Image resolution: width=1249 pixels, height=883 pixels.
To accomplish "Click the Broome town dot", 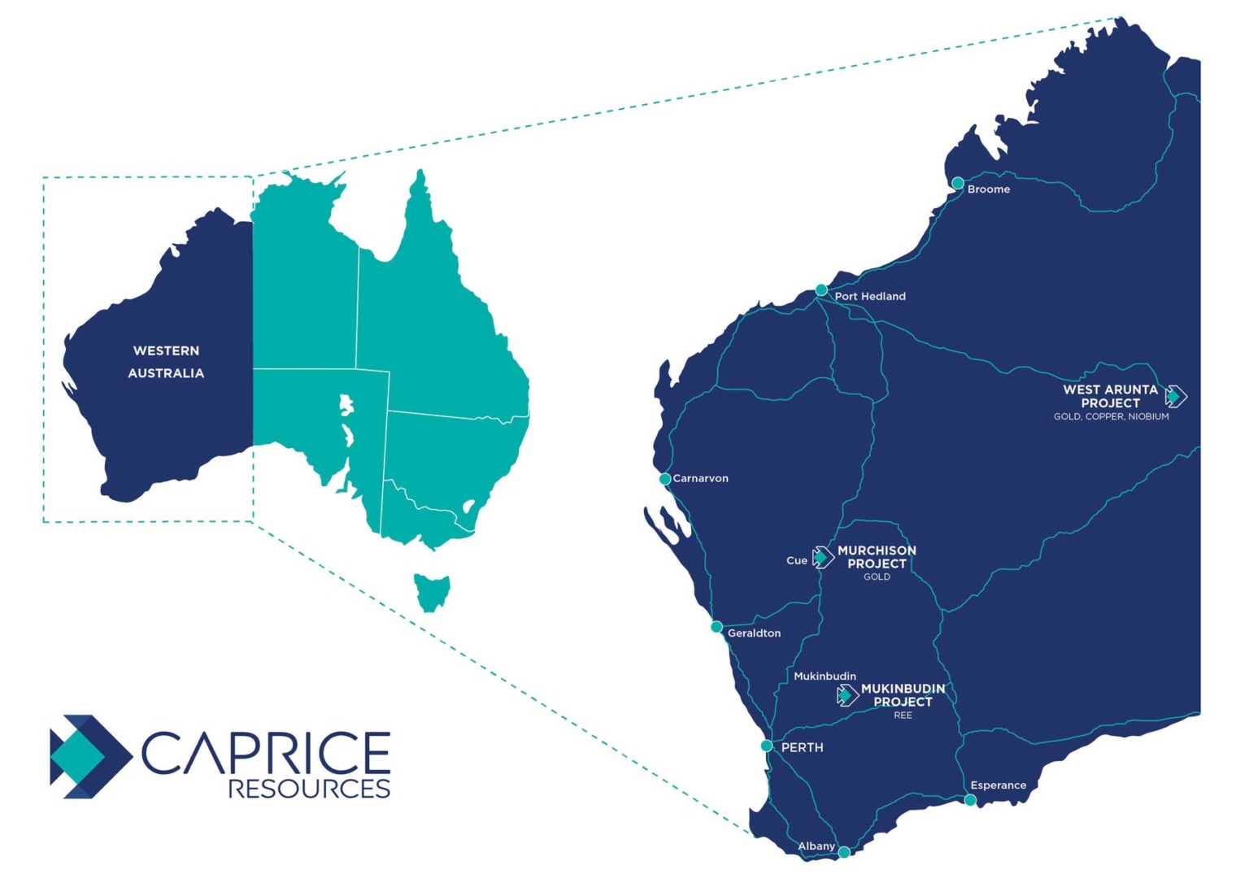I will tap(958, 183).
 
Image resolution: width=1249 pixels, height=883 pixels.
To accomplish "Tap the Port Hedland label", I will tap(869, 296).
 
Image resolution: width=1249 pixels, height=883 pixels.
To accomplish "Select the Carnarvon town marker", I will tap(665, 479).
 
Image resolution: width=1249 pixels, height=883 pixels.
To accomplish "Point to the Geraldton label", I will tap(754, 633).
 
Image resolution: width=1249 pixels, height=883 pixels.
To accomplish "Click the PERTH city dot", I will tap(767, 746).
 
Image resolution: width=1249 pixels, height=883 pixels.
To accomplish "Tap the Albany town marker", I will tap(844, 852).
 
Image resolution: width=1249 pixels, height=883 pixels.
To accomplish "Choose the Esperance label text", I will tap(998, 785).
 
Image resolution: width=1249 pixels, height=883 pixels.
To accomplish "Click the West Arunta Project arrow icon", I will tap(1176, 397).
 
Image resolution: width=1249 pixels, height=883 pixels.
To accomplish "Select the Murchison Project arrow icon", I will tap(823, 557).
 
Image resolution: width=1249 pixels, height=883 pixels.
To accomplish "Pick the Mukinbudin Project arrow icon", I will tap(847, 695).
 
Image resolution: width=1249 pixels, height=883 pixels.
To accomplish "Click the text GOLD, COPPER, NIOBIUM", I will tap(1111, 416).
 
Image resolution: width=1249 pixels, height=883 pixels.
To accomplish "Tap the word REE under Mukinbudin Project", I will tap(903, 716).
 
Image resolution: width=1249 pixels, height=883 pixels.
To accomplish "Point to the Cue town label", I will tap(796, 560).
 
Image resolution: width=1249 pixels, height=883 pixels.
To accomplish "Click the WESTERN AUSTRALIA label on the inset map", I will tap(166, 362).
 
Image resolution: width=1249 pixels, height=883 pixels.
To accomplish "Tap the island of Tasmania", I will tap(431, 590).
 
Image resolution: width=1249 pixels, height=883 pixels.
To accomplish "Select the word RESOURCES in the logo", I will tap(309, 789).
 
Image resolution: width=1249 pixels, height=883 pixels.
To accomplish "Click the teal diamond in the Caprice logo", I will tap(77, 756).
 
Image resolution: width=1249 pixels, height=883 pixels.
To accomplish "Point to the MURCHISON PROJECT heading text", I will tap(877, 557).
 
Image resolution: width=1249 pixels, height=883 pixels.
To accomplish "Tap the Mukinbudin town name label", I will tap(825, 676).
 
